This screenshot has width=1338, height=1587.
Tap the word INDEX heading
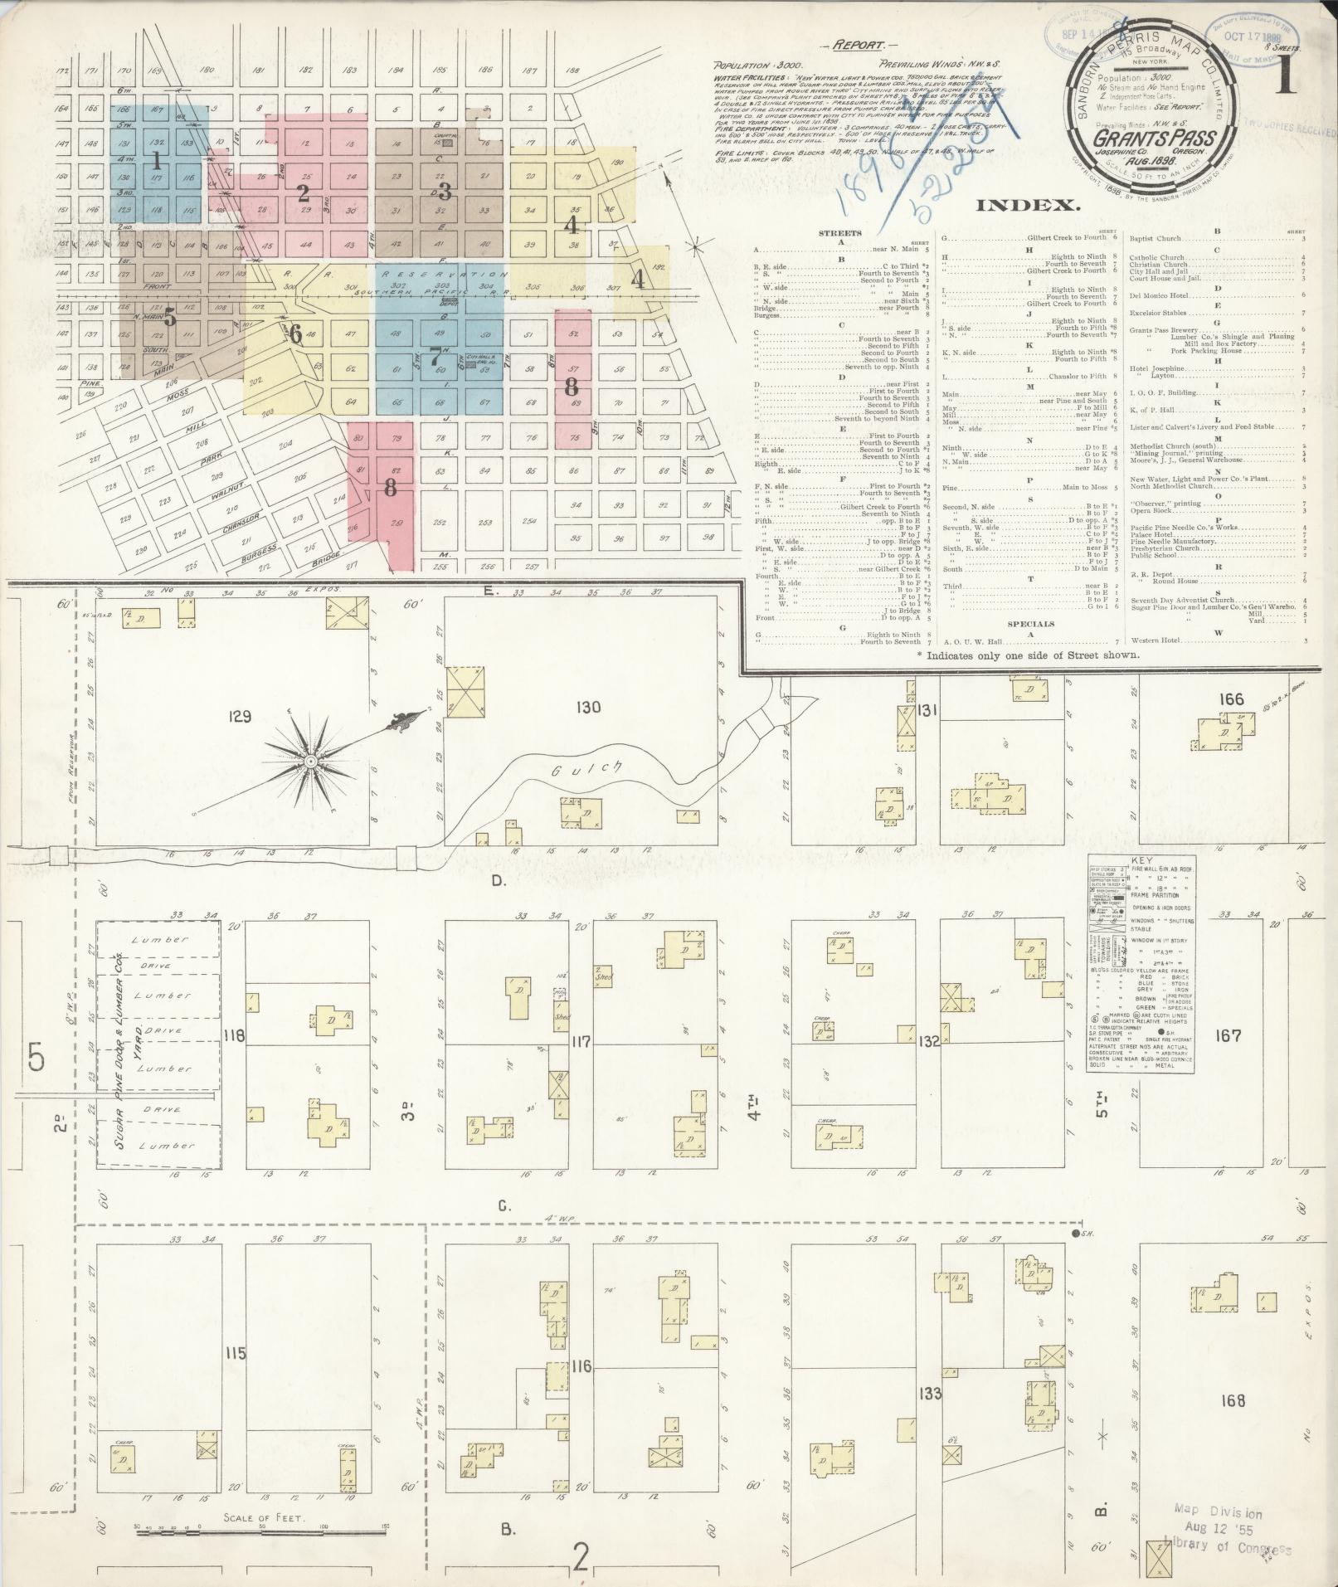tap(1029, 205)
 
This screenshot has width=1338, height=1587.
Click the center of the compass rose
tap(310, 761)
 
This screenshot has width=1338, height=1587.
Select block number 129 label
tap(240, 716)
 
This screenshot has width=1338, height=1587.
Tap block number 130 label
tap(586, 707)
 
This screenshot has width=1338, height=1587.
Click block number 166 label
tap(1232, 700)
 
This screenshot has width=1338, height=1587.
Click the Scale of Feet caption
tap(264, 1518)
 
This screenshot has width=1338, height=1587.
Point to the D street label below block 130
tap(499, 881)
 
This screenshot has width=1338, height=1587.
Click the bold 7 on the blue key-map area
tap(435, 358)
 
